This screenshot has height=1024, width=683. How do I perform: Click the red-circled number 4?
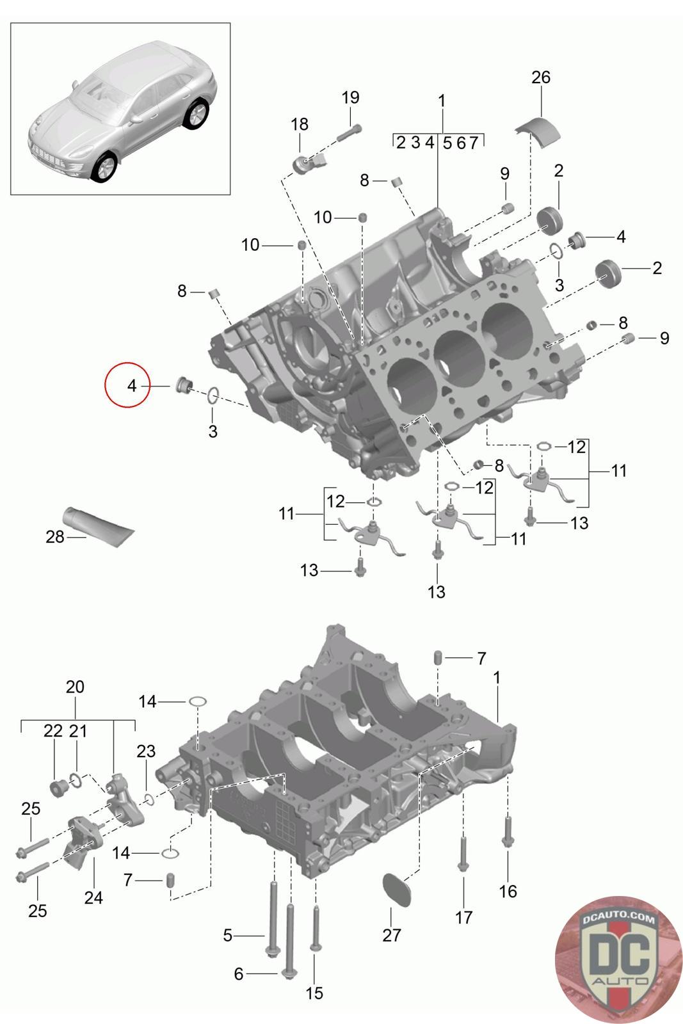[131, 386]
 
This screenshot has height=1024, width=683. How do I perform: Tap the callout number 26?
[541, 77]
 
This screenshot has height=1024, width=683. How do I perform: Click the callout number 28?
[55, 537]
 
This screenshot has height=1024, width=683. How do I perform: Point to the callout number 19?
[350, 98]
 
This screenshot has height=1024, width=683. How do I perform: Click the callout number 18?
[300, 124]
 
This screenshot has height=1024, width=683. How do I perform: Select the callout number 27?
[391, 935]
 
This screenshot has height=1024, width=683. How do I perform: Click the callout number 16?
[508, 891]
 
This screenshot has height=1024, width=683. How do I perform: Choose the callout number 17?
[463, 917]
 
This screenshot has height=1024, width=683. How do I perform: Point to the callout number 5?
[228, 935]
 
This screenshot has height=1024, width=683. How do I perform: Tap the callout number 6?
[239, 973]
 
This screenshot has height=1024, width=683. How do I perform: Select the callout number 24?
[93, 898]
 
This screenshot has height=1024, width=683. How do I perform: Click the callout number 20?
[75, 687]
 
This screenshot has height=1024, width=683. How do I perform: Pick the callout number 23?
[146, 751]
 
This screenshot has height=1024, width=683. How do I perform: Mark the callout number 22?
[53, 730]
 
